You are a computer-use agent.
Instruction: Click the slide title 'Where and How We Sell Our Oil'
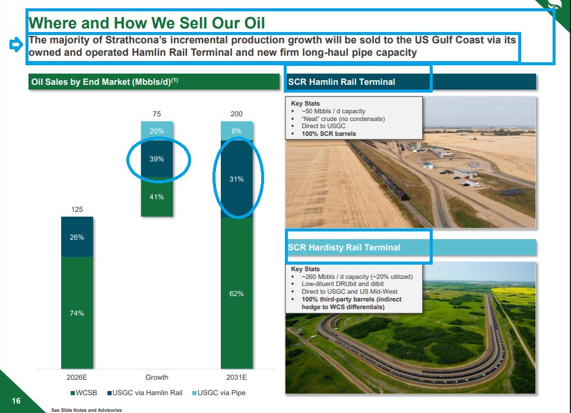(147, 24)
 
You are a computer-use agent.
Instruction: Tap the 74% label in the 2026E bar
(77, 313)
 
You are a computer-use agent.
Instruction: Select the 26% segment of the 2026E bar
(77, 237)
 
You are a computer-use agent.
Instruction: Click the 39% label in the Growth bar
(157, 159)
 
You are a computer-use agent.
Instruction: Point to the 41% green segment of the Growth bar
(157, 197)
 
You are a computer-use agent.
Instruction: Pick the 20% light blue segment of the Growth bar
(157, 131)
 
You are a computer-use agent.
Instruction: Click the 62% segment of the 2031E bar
(236, 294)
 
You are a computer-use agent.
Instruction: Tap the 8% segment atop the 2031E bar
(236, 131)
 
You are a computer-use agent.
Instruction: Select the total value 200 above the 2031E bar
(236, 113)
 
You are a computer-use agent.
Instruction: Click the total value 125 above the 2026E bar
(77, 209)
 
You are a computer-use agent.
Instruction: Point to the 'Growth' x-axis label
(157, 377)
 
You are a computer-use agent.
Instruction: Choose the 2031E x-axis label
(236, 377)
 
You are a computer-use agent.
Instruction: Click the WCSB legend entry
(84, 393)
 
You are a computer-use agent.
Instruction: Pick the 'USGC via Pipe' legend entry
(221, 393)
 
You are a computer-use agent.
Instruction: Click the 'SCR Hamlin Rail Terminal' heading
(341, 82)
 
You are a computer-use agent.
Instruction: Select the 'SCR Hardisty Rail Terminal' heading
(344, 247)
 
